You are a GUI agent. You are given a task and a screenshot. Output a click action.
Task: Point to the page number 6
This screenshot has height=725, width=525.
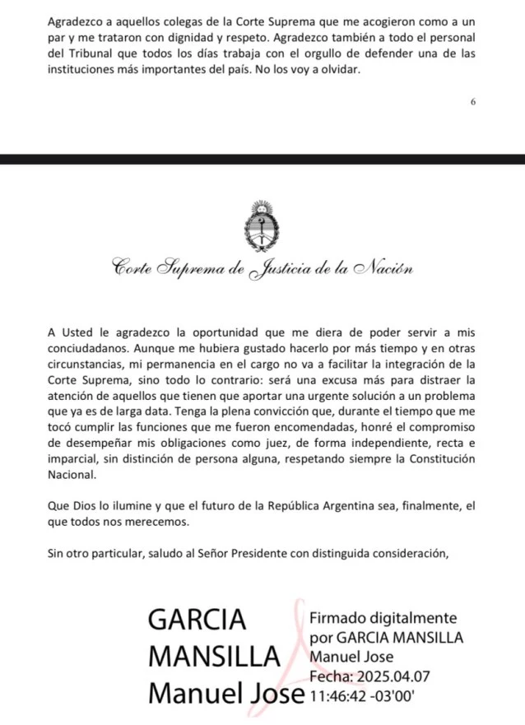[473, 102]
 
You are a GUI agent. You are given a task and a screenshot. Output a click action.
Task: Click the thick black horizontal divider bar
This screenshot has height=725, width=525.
[262, 159]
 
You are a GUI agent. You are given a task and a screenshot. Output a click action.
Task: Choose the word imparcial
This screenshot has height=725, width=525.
[76, 459]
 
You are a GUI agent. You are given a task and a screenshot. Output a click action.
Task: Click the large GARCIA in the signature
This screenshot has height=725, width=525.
[197, 619]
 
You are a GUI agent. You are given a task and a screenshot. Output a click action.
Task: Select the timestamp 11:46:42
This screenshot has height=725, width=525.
[338, 695]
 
